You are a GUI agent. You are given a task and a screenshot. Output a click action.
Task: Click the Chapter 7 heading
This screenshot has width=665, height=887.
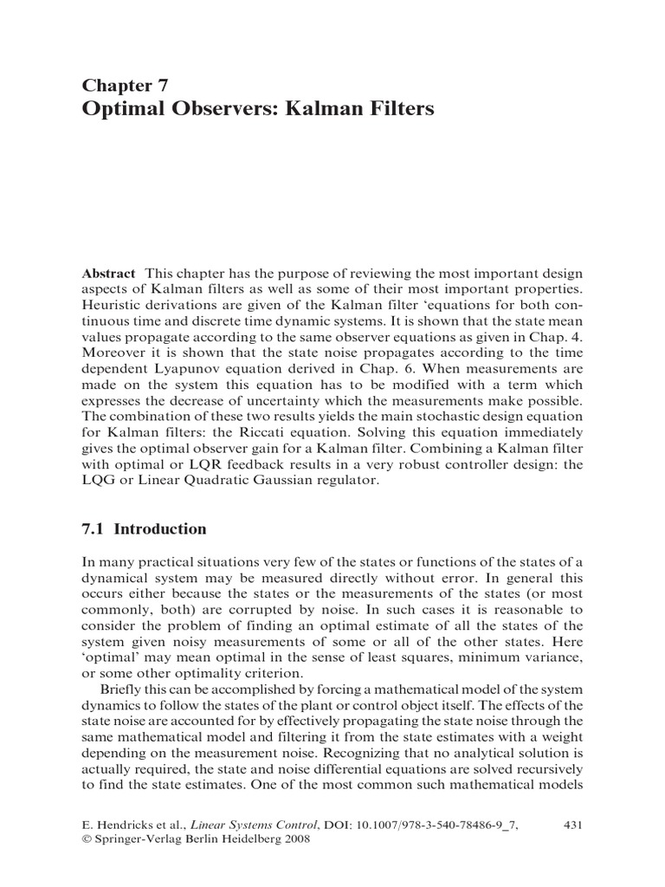[125, 84]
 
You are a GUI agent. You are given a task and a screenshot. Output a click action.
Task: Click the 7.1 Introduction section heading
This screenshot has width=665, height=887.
[144, 529]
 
